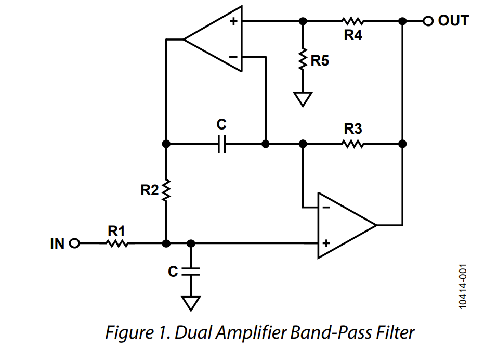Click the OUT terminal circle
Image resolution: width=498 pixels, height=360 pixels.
point(427,21)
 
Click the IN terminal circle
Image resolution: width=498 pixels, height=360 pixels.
point(74,243)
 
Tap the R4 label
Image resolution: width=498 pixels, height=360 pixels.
point(353,36)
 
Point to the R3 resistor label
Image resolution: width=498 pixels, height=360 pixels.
point(353,128)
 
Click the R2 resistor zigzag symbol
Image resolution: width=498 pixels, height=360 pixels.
point(166,190)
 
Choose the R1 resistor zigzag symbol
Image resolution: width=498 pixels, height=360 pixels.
point(117,243)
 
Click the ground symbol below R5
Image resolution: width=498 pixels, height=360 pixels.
point(303,98)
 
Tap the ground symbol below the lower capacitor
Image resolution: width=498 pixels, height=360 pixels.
point(191,303)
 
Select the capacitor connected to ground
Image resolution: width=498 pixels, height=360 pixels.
point(191,271)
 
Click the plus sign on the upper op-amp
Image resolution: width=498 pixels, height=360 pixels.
point(233,22)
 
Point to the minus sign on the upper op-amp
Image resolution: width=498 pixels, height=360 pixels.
point(233,56)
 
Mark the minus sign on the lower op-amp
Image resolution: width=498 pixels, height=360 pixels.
point(326,208)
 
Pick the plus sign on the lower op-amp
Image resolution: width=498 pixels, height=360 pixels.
point(326,243)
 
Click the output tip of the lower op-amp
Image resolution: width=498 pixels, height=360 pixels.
point(375,225)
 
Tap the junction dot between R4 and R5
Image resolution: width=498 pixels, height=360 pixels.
point(303,21)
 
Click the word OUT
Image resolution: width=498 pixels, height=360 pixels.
point(453,21)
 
